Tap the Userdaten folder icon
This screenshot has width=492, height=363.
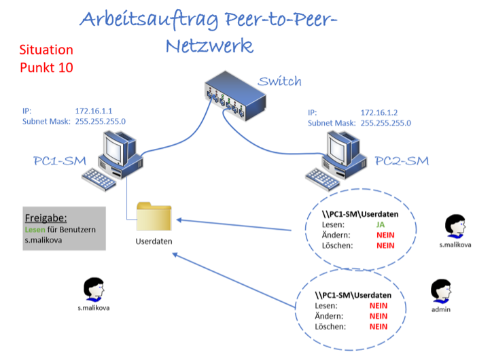pos(154,217)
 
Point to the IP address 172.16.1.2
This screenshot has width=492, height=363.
pos(379,112)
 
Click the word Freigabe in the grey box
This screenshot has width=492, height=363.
pos(46,218)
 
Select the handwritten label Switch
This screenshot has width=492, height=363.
pos(279,82)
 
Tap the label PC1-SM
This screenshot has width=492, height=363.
pos(59,161)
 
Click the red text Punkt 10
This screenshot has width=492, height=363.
pos(46,67)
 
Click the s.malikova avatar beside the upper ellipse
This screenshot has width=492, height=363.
pos(455,226)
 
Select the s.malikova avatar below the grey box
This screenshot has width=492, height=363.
pos(93,290)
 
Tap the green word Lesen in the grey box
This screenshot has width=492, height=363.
pos(35,230)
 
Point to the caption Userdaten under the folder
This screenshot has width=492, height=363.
pos(154,241)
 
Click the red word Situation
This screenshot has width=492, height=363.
pos(46,50)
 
